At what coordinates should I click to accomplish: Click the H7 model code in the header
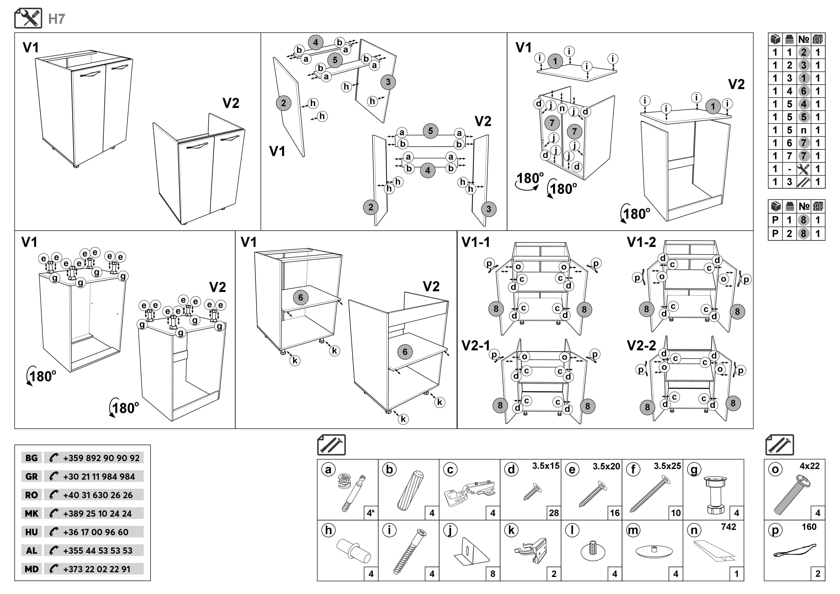(57, 19)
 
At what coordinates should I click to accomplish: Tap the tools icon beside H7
(28, 18)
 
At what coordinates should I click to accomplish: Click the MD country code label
(31, 569)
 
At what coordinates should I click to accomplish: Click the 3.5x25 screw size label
(667, 466)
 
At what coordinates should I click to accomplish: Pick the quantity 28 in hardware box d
(554, 513)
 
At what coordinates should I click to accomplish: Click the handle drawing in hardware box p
(795, 552)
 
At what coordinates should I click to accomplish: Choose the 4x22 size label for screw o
(809, 466)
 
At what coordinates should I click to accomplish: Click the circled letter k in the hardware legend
(511, 530)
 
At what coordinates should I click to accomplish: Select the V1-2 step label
(641, 242)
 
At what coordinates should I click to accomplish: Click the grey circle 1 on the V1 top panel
(555, 61)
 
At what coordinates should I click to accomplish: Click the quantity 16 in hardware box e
(615, 513)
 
